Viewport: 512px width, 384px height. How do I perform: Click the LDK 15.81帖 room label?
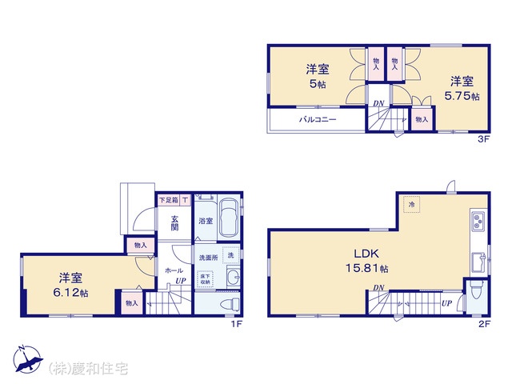tap(367, 261)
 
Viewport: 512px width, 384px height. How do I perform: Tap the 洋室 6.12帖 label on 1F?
tap(70, 285)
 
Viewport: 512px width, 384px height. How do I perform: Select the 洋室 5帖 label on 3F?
tap(318, 77)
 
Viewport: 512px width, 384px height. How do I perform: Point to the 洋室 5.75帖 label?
tap(462, 88)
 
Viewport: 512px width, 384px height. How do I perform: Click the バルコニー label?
tap(318, 119)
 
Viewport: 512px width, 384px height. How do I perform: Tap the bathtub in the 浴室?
tap(228, 218)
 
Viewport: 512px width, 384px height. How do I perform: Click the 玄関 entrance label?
tap(174, 223)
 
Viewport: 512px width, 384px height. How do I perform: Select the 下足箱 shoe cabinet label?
tap(169, 200)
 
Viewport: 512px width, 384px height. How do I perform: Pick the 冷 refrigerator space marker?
tap(411, 205)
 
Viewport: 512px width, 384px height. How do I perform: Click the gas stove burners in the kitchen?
tap(478, 220)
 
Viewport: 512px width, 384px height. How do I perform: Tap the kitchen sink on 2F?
tap(479, 262)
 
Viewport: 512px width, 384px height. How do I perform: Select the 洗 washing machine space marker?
tap(231, 255)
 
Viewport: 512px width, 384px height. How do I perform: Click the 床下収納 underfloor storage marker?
tap(205, 279)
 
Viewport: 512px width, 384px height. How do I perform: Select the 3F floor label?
tap(484, 139)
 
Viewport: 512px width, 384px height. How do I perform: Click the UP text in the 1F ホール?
tap(181, 281)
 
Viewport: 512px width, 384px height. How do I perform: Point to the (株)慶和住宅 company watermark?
tap(88, 369)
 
